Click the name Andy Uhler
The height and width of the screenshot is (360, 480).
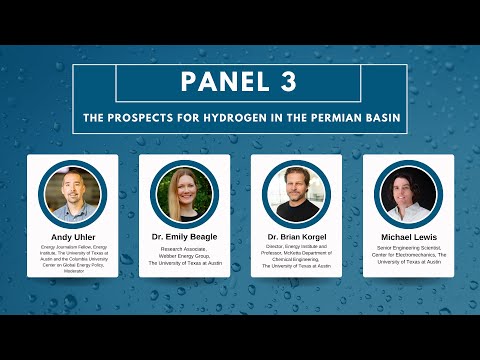(x=72, y=236)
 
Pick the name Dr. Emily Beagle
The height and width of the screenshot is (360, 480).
(x=184, y=236)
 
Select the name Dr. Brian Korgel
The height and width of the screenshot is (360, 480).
(x=297, y=236)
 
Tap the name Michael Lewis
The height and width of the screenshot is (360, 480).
(x=408, y=236)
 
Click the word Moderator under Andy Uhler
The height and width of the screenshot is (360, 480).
(x=72, y=270)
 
